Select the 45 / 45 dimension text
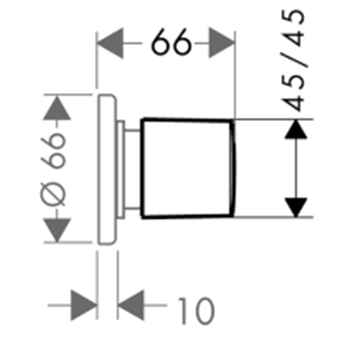click(x=293, y=60)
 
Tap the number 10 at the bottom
click(x=196, y=311)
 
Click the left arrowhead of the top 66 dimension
click(x=110, y=43)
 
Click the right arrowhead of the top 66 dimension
click(x=222, y=43)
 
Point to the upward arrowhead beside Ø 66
click(x=57, y=108)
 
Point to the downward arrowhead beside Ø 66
click(x=57, y=230)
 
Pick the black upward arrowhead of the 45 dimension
click(x=296, y=129)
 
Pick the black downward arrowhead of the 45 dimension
click(x=296, y=207)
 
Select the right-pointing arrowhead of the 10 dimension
click(x=84, y=306)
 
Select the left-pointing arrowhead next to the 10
click(x=131, y=306)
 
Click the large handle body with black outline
click(x=187, y=169)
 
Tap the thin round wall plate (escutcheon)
click(x=107, y=169)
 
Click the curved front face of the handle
click(x=233, y=169)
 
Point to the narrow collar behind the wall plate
click(x=121, y=169)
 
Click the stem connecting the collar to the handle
click(x=133, y=169)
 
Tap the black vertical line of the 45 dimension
click(x=296, y=169)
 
